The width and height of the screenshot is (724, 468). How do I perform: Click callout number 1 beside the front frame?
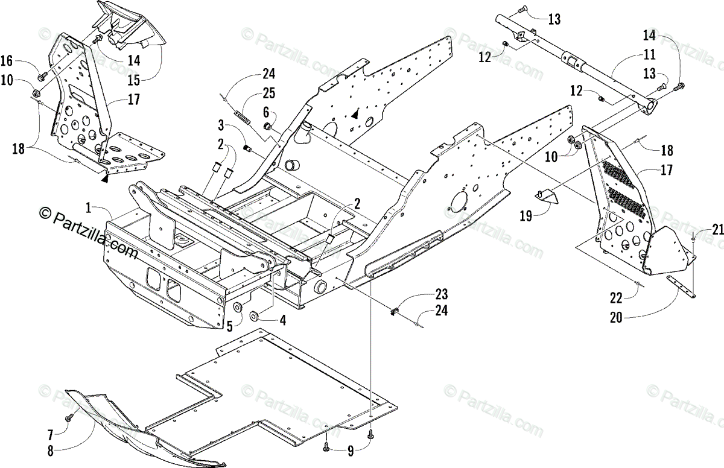tap(89, 208)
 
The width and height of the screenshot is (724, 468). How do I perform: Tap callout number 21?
tap(716, 229)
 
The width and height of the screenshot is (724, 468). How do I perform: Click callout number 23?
tap(442, 295)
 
